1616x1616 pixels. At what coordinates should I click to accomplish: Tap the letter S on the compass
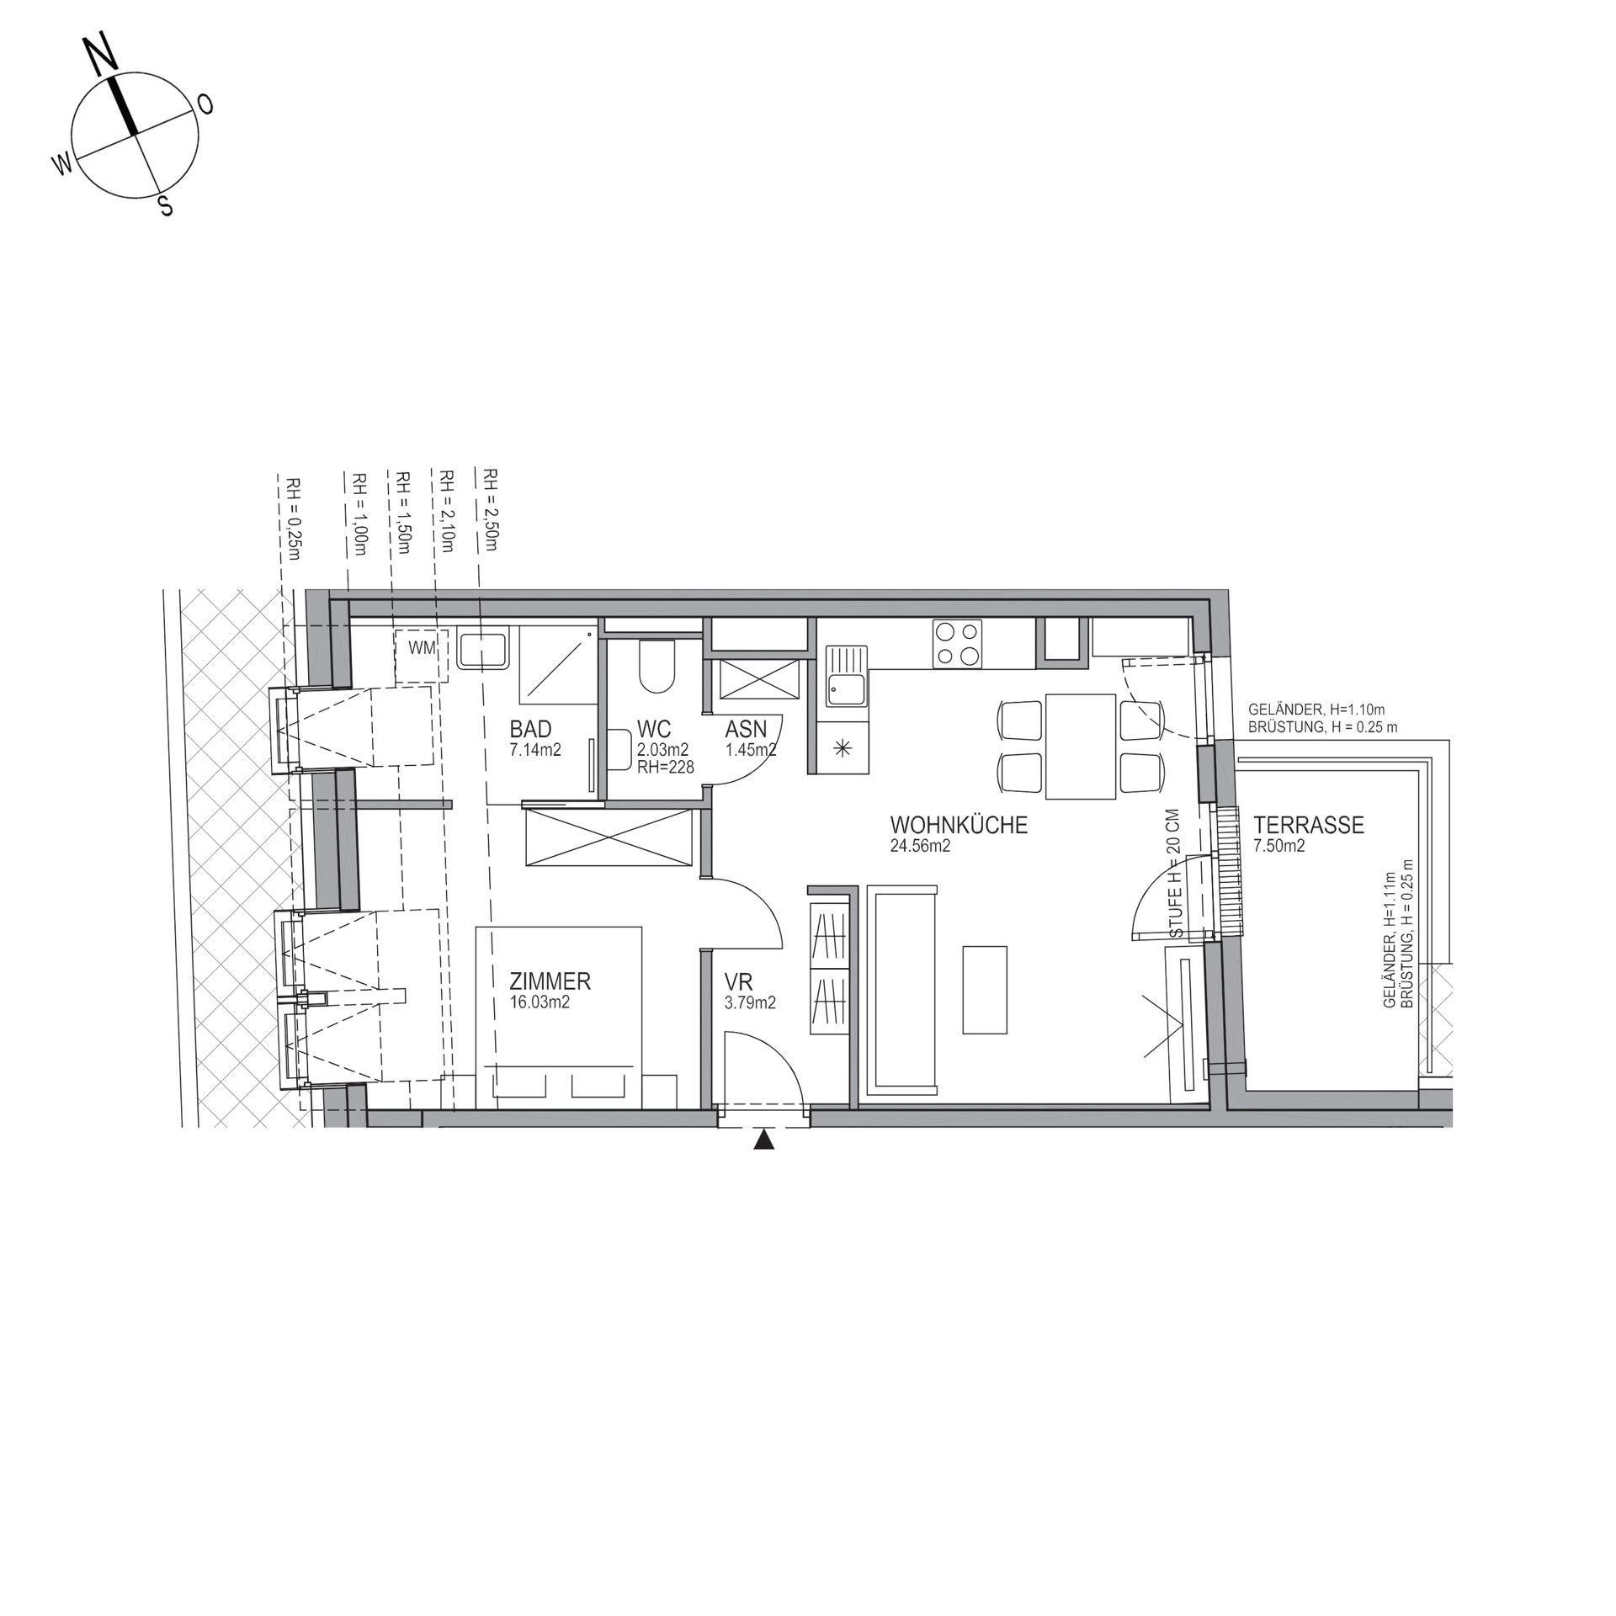(x=166, y=205)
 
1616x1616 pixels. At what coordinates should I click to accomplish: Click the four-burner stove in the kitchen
(x=957, y=644)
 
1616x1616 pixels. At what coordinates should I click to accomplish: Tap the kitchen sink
(x=844, y=675)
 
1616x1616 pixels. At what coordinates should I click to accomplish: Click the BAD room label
(x=530, y=729)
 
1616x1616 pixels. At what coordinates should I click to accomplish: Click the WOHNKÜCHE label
(x=959, y=825)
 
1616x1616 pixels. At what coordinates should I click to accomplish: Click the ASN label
(x=746, y=729)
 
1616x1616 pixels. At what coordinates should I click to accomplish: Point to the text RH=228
(x=665, y=768)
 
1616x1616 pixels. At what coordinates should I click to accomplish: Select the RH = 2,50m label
(x=488, y=510)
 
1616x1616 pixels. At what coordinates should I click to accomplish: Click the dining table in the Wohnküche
(x=1081, y=745)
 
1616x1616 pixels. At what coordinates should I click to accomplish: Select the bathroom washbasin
(x=483, y=650)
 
